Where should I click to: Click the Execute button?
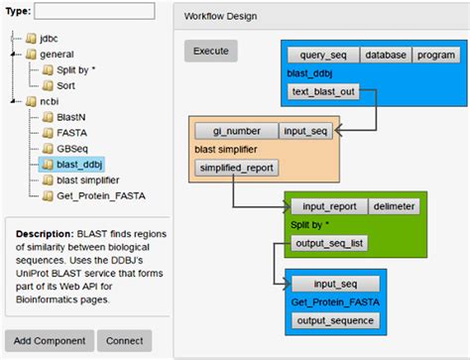pos(210,51)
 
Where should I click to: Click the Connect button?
pos(125,341)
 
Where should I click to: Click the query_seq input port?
pos(322,55)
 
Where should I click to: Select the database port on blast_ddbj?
pos(385,55)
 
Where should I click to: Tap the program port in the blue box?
pos(433,55)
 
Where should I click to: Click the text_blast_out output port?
pos(322,92)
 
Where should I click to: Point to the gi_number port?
pos(235,131)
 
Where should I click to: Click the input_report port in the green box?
pos(328,206)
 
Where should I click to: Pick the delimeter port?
pos(395,206)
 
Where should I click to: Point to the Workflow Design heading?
pos(226,16)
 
